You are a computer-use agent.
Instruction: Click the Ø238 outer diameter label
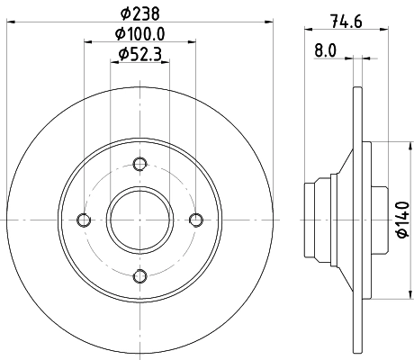click(139, 12)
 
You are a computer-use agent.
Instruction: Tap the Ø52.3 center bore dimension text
click(139, 56)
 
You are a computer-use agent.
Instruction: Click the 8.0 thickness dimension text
click(326, 51)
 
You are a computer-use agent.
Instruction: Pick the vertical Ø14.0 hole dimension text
click(401, 220)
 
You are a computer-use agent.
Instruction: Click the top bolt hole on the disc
click(139, 164)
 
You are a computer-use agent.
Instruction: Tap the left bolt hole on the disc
click(84, 220)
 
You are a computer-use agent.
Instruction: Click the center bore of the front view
click(139, 220)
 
